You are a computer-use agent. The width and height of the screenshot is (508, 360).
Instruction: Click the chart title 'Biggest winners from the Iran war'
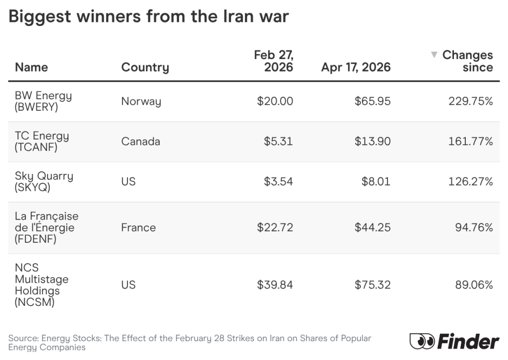click(x=148, y=17)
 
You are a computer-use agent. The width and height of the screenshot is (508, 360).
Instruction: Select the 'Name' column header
click(x=31, y=67)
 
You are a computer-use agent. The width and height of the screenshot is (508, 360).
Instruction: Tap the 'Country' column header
click(x=145, y=67)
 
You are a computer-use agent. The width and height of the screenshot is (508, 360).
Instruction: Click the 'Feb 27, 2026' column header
click(x=273, y=61)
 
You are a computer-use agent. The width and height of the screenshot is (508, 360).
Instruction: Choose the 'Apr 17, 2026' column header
click(x=356, y=67)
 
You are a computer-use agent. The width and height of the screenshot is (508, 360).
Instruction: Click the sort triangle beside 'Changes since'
click(x=434, y=54)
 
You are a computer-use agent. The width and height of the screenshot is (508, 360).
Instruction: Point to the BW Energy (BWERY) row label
click(x=43, y=101)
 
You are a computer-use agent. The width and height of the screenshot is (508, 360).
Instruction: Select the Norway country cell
click(x=141, y=101)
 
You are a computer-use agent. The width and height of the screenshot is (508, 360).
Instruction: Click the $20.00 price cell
click(x=275, y=101)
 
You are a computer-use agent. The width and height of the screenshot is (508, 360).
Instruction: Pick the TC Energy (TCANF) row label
click(x=42, y=142)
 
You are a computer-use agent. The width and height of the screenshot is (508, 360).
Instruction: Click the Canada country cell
click(x=140, y=142)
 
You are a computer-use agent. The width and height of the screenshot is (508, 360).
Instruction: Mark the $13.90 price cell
click(x=373, y=142)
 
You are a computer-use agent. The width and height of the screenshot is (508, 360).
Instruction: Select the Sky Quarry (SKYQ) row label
click(x=44, y=182)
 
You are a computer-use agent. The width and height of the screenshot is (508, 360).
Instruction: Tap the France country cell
click(x=138, y=227)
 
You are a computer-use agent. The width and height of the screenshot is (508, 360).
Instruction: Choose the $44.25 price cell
click(x=373, y=227)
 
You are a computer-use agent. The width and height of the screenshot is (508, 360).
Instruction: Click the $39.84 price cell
click(x=275, y=285)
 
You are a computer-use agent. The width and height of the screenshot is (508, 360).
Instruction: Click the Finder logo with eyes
click(x=454, y=341)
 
